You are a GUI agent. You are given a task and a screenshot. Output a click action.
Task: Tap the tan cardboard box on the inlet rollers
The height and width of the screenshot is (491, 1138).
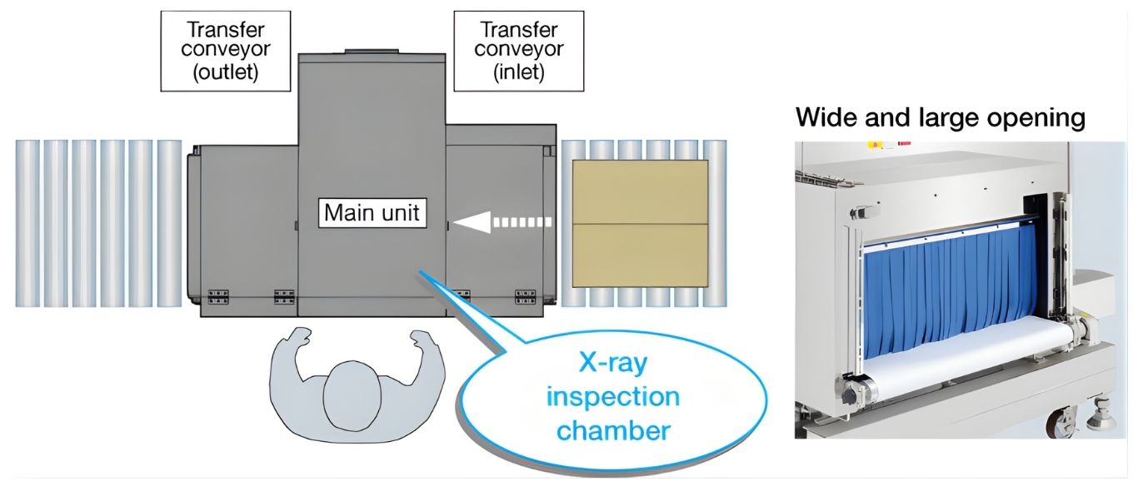pyautogui.click(x=640, y=221)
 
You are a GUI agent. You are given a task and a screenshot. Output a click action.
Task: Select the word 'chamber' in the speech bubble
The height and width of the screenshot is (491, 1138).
pyautogui.click(x=612, y=430)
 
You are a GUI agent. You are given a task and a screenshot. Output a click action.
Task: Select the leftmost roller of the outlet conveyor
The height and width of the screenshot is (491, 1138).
pyautogui.click(x=27, y=223)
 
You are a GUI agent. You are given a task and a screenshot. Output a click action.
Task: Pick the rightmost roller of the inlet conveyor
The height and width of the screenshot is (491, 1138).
pyautogui.click(x=715, y=223)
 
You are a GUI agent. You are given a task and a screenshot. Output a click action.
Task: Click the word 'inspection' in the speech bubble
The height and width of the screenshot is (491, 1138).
pyautogui.click(x=612, y=396)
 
